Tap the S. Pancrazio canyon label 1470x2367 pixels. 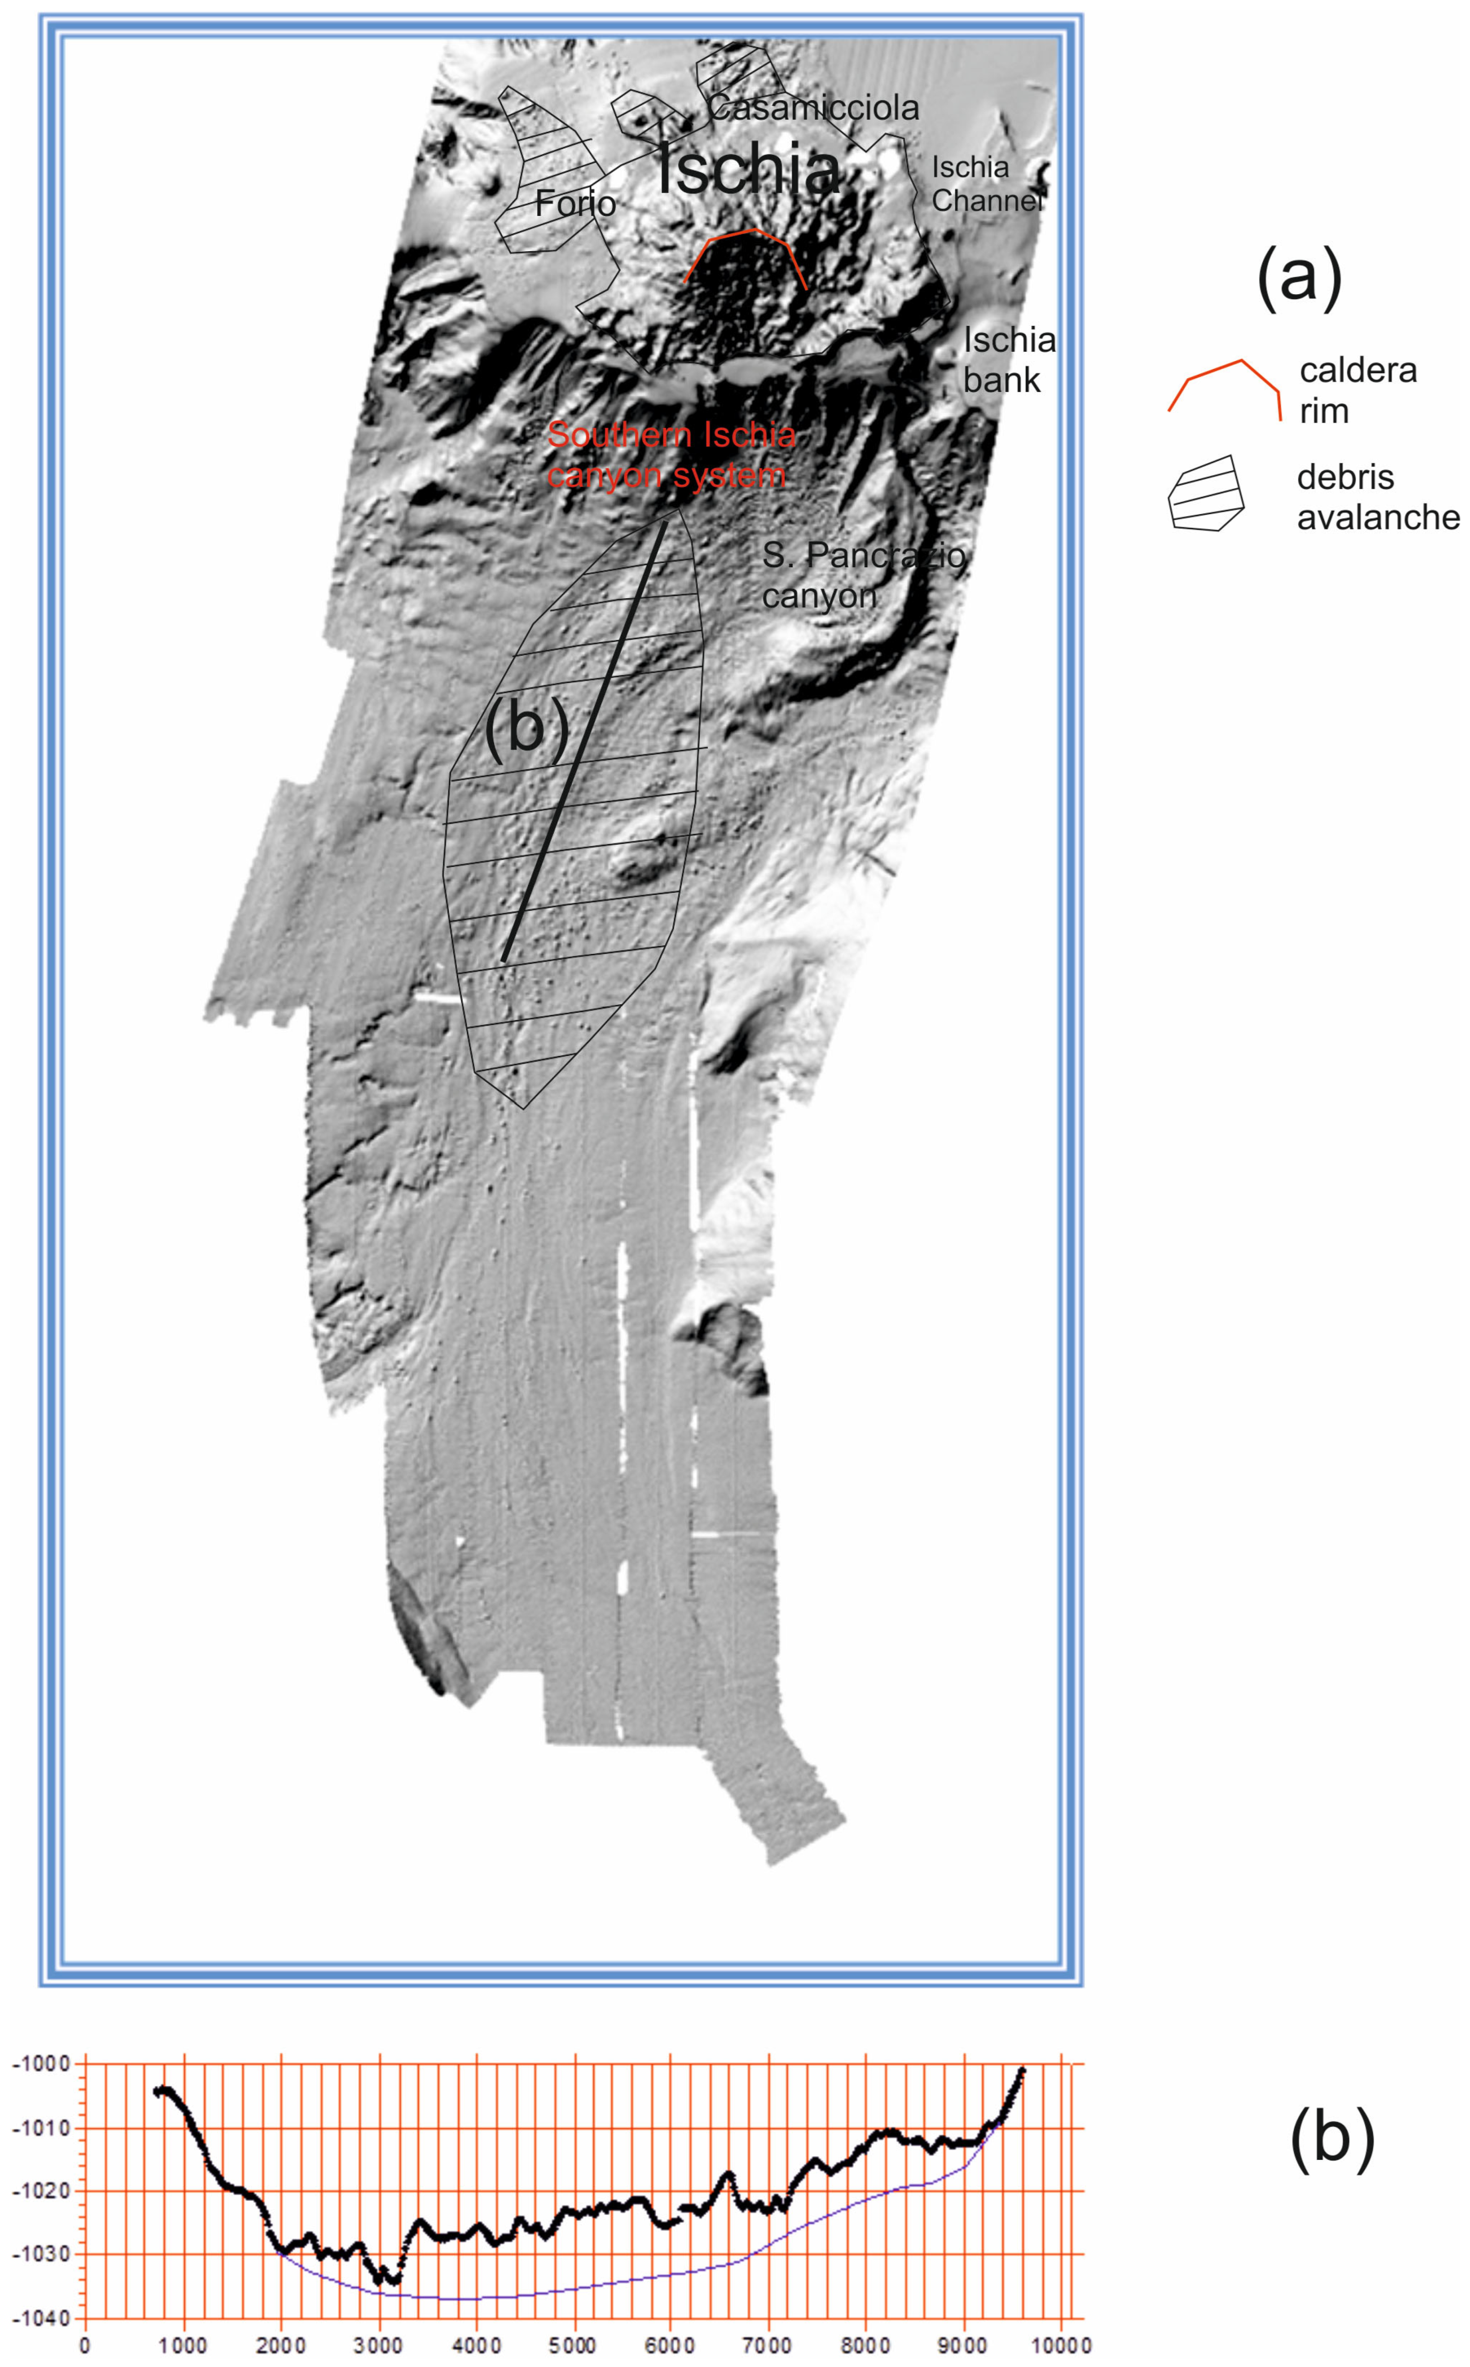coord(863,575)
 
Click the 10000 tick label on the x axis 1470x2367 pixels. coord(1058,2345)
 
